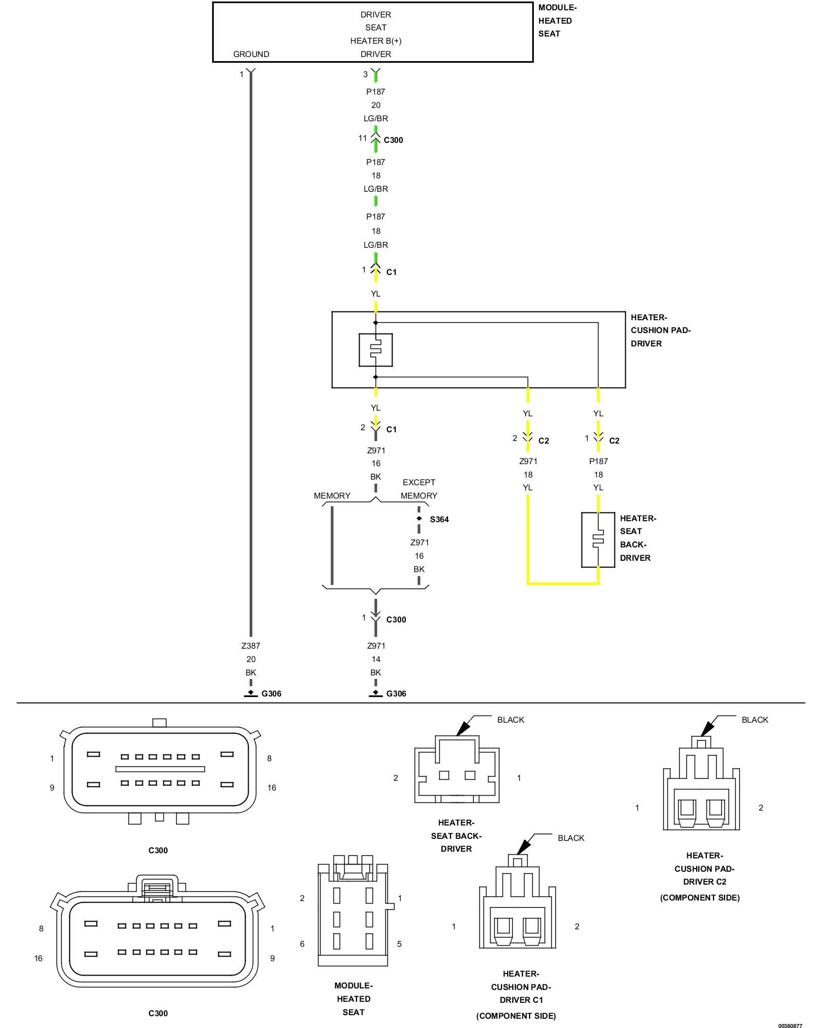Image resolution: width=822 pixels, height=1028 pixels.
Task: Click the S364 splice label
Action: point(439,519)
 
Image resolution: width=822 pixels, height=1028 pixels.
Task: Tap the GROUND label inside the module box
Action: point(251,54)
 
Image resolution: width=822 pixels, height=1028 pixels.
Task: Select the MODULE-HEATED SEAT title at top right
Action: point(557,21)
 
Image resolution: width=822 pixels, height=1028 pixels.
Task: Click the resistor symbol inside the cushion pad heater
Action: point(376,350)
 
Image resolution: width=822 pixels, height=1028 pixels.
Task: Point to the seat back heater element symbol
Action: point(598,540)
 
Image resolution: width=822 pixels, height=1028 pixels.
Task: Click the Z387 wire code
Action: point(251,646)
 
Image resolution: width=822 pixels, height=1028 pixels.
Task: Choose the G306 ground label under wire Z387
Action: point(271,693)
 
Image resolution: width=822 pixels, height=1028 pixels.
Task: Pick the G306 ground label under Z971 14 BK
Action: point(396,693)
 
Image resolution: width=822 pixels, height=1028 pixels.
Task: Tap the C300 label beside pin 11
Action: point(394,140)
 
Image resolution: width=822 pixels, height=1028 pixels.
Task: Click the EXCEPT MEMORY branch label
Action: point(419,489)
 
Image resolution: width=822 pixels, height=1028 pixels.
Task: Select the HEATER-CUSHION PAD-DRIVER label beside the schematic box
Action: point(661,331)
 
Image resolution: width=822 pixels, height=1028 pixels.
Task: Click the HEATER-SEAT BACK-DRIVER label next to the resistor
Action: point(638,538)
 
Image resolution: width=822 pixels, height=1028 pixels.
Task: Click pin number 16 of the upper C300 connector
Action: point(272,787)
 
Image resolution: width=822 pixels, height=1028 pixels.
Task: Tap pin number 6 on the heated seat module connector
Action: point(302,944)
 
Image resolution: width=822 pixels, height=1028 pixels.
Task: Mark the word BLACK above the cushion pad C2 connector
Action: point(755,720)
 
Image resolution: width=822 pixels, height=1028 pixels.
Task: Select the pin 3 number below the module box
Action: point(365,75)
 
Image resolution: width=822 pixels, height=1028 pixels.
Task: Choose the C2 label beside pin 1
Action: point(614,440)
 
